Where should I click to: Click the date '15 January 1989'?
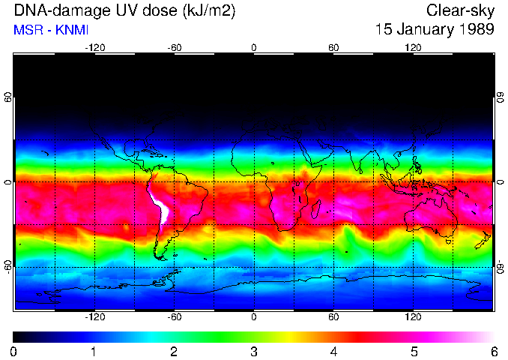(x=435, y=31)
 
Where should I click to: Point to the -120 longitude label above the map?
(x=94, y=47)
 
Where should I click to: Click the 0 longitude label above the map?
(x=254, y=47)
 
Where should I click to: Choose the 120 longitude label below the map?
(x=413, y=317)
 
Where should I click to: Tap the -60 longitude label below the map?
(x=174, y=317)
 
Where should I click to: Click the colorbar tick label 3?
(x=254, y=351)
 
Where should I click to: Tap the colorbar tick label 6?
(x=493, y=351)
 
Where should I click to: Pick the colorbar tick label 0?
(x=14, y=351)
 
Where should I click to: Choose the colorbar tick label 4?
(x=333, y=351)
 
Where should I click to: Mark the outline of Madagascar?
(x=317, y=211)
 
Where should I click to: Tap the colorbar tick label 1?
(x=94, y=351)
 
